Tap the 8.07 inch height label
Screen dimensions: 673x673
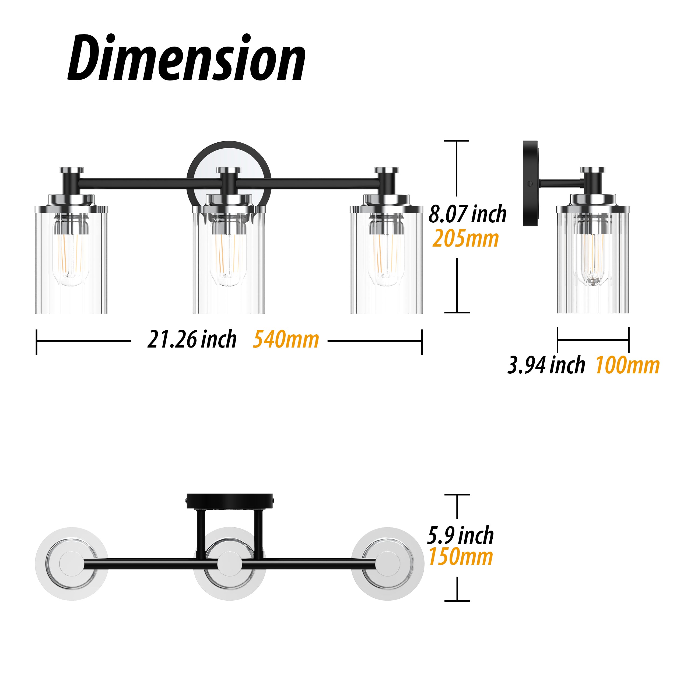pyautogui.click(x=467, y=214)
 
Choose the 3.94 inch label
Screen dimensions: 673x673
pyautogui.click(x=546, y=365)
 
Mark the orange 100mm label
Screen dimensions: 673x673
pyautogui.click(x=627, y=365)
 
